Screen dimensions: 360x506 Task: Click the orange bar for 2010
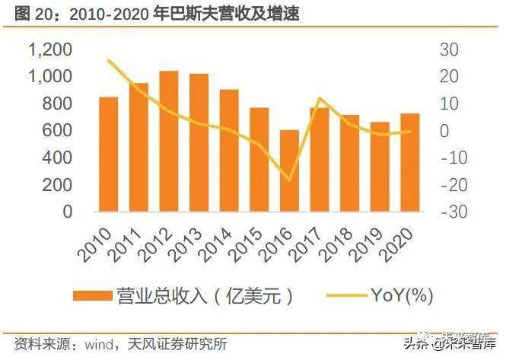pos(109,155)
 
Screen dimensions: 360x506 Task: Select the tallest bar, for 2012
pos(169,142)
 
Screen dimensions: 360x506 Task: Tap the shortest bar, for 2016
pos(289,170)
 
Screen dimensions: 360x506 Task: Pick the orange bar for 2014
pos(229,151)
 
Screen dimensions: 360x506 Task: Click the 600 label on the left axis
pos(58,131)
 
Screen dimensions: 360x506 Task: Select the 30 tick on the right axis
pos(448,49)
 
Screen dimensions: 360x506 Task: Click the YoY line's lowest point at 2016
pos(289,180)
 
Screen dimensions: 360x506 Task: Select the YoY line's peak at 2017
pos(320,99)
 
